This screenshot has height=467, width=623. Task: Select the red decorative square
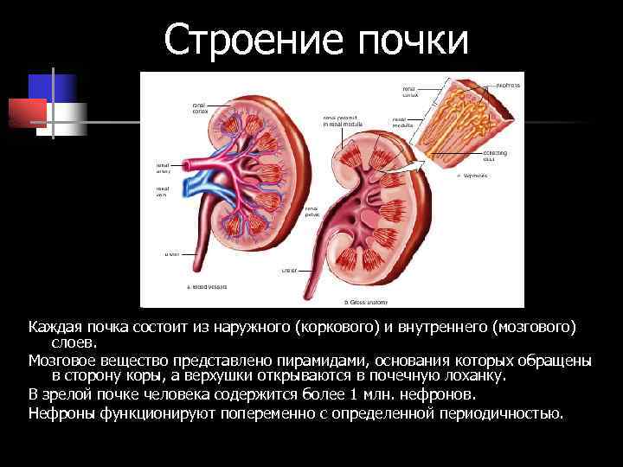pyautogui.click(x=27, y=112)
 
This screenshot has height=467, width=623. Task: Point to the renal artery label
pyautogui.click(x=163, y=167)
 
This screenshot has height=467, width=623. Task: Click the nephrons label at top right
pyautogui.click(x=508, y=86)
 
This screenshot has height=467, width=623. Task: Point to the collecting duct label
pyautogui.click(x=496, y=156)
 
